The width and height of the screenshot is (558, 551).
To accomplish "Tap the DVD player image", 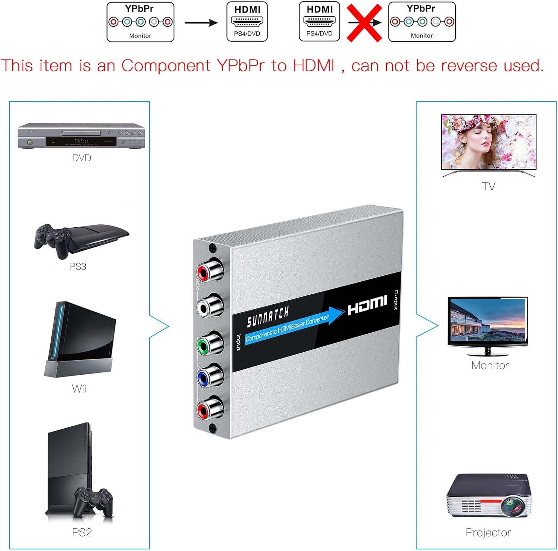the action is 81,136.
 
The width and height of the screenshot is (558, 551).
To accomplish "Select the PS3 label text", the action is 78,266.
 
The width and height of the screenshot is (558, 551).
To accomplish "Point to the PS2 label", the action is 82,532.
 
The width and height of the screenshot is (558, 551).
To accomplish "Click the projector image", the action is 488,496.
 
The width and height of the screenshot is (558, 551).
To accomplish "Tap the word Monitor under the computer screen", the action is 490,365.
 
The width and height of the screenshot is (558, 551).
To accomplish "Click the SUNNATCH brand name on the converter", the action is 267,317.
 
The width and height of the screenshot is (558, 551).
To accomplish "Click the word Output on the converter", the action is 396,299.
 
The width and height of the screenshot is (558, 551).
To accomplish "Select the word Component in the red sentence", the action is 166,66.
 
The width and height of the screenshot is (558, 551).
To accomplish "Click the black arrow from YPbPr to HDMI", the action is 201,23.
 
